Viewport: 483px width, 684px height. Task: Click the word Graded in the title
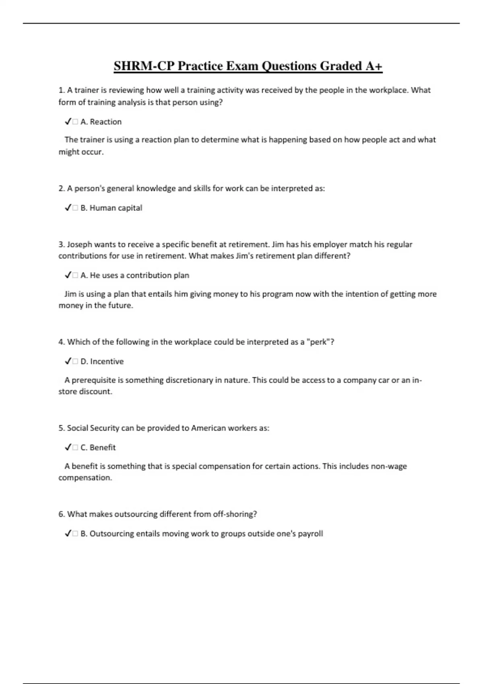341,66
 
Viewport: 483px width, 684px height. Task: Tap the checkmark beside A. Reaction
68,122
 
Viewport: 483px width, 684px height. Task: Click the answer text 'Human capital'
116,208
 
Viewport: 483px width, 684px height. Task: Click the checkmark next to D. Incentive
68,361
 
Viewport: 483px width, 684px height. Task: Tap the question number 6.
62,514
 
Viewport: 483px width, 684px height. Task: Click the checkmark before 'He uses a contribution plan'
68,275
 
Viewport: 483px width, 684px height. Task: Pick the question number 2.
62,188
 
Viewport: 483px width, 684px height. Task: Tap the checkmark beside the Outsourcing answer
68,534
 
